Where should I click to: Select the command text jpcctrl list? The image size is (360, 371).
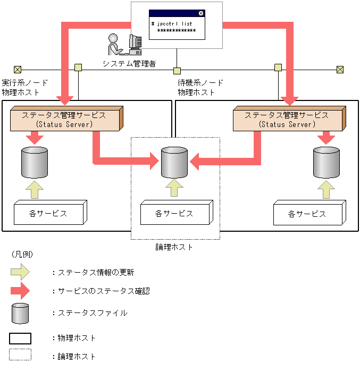(172, 24)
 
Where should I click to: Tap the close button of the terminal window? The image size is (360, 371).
(200, 13)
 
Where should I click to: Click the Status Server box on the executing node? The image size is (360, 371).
(66, 119)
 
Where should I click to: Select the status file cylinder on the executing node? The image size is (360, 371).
(34, 163)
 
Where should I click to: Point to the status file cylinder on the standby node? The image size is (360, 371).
(326, 163)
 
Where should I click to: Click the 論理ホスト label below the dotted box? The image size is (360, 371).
(174, 247)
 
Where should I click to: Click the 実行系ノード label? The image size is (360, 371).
(25, 83)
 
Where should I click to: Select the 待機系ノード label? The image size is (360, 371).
(200, 83)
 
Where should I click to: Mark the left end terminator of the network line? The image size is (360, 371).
(18, 70)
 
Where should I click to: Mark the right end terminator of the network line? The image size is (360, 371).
(340, 70)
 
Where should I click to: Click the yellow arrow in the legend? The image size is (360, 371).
(20, 272)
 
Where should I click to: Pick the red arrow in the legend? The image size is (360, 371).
(20, 291)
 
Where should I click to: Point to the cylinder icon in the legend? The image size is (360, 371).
(20, 313)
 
